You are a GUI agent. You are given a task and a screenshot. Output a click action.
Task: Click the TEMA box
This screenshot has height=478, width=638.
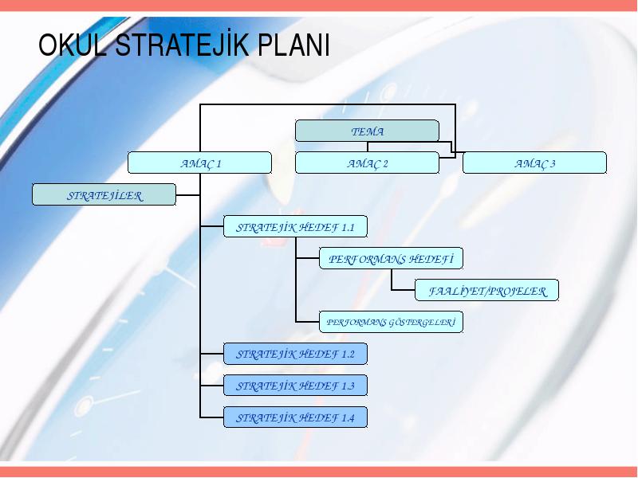pos(367,131)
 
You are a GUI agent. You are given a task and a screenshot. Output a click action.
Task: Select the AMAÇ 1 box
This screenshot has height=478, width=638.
pos(199,163)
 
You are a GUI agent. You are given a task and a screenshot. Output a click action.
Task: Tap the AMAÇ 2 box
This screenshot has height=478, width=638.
pos(367,163)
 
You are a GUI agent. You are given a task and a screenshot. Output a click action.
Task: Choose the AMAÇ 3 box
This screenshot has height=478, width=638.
pos(534,163)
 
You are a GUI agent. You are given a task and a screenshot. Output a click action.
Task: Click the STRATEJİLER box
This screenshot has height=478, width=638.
pos(104,194)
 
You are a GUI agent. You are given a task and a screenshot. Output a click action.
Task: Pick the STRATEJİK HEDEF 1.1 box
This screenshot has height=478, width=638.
pos(295,226)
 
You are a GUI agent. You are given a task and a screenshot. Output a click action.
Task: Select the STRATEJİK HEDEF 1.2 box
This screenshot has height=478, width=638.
pos(295,354)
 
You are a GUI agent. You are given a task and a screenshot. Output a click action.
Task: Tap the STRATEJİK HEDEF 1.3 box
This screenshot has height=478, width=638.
pos(295,386)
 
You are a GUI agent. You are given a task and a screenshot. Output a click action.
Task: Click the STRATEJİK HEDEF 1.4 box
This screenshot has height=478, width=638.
pos(295,417)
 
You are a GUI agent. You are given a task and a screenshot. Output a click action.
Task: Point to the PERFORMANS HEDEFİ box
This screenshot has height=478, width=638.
pos(391,258)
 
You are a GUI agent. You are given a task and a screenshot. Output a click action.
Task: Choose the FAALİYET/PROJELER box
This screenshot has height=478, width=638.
pos(486,290)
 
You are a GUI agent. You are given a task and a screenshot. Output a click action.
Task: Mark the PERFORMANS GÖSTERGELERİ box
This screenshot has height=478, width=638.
pos(391,322)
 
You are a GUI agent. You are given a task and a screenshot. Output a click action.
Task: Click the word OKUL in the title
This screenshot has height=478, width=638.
pos(73,45)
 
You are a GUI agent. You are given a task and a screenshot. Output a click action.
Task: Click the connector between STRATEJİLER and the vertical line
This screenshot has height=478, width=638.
pos(188,195)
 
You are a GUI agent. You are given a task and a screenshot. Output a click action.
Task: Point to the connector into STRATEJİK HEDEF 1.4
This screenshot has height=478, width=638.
pos(211,417)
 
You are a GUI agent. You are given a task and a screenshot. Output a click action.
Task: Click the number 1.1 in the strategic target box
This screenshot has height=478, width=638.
pos(348,227)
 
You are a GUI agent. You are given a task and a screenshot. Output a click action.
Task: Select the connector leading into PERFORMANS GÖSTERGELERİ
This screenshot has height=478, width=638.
pos(308,322)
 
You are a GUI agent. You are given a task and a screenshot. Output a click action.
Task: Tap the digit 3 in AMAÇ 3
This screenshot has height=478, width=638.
pos(552,163)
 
